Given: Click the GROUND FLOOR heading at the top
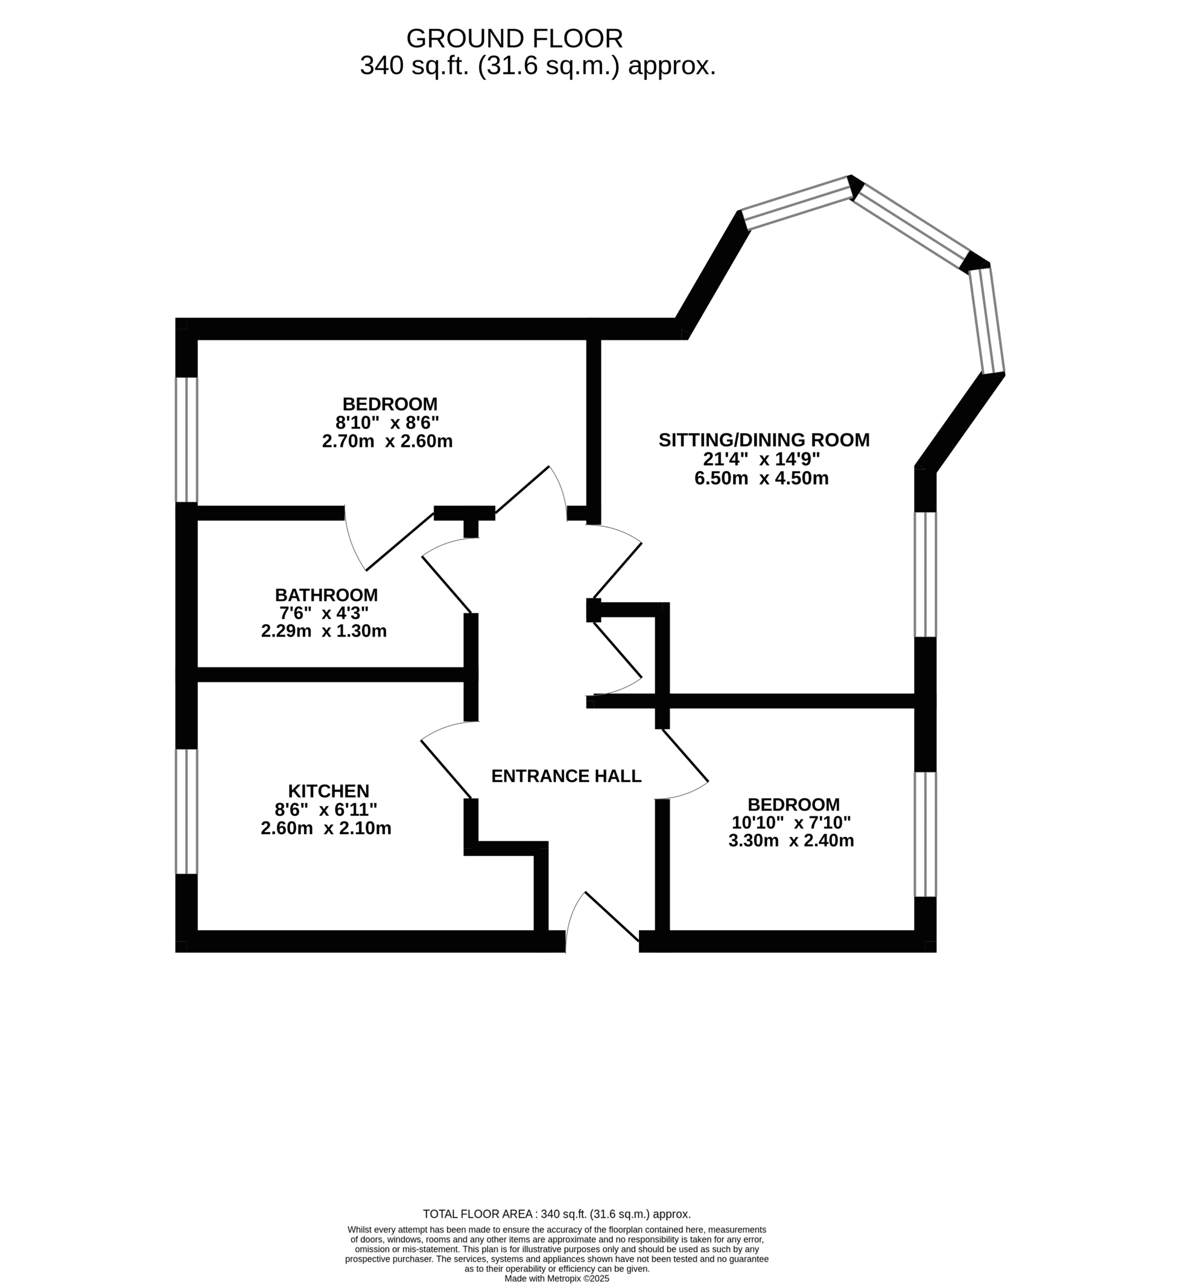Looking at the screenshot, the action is click(515, 39).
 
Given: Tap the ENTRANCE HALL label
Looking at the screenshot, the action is click(566, 776).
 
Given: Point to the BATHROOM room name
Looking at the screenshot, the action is click(326, 595).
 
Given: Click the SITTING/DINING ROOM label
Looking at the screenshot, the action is click(764, 440).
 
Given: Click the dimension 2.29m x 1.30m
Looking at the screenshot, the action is click(324, 631).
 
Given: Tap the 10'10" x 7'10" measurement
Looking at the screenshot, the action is click(791, 823).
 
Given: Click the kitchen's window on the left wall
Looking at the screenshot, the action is click(187, 812).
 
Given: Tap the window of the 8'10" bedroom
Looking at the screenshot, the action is click(187, 440).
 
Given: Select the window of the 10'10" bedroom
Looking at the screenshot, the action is click(925, 835).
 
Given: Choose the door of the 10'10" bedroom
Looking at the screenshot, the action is click(685, 755).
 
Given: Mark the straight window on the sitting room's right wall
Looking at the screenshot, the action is click(925, 575).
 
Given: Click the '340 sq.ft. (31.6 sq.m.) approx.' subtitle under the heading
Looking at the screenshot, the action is click(538, 66).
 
